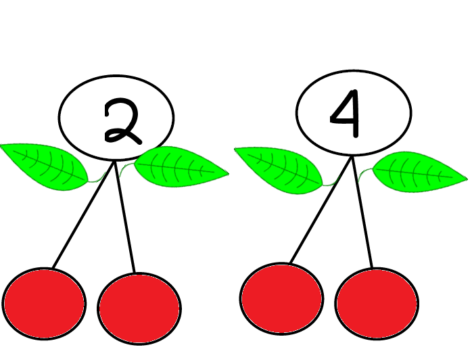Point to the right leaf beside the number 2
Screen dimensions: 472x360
[181, 166]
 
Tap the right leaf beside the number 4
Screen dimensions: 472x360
[420, 172]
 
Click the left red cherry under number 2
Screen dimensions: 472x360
[44, 304]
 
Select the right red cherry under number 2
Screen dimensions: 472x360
[139, 309]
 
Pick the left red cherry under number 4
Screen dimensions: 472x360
[282, 298]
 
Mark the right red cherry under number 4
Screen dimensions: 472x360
[377, 303]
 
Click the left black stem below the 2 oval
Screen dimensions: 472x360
[83, 215]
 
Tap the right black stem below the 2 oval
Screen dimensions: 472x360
[124, 217]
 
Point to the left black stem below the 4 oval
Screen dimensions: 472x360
[321, 210]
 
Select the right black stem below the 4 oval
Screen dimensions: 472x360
[362, 212]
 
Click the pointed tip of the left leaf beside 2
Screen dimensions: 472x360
[1, 145]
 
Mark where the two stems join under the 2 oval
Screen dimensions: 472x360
[114, 162]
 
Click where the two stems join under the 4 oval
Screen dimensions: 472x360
[352, 156]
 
